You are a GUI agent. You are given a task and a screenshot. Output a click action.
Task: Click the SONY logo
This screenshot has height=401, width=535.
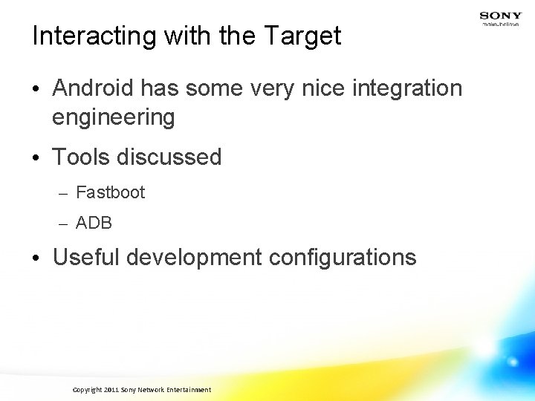[500, 16]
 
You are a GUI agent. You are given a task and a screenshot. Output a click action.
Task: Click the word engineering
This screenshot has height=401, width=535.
[114, 117]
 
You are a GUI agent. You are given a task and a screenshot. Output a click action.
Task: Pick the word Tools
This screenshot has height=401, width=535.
[79, 157]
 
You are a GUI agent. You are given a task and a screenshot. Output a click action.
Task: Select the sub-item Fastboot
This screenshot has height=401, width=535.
[111, 193]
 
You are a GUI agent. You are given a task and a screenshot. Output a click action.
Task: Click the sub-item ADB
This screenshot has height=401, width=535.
[94, 223]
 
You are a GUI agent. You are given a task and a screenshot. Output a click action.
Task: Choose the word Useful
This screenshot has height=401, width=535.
[86, 258]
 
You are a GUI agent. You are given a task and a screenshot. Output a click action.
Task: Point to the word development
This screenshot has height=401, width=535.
[195, 258]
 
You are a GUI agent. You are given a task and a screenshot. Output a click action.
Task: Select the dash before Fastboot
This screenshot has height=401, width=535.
[62, 194]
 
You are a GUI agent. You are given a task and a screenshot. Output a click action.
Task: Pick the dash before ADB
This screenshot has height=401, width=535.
[62, 224]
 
